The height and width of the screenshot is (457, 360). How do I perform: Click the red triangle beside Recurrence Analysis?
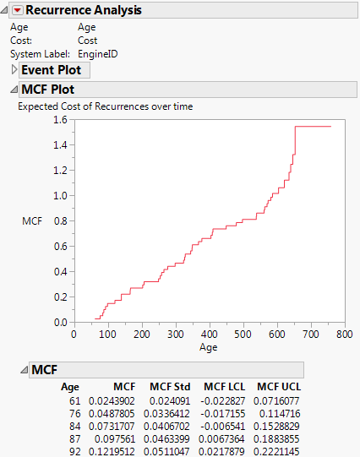(16, 11)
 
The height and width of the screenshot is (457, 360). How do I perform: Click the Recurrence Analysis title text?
(83, 11)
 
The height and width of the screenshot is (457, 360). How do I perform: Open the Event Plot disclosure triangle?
(13, 70)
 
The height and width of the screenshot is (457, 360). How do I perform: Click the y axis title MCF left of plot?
(31, 220)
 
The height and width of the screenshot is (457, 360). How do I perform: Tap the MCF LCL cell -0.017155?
(222, 412)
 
